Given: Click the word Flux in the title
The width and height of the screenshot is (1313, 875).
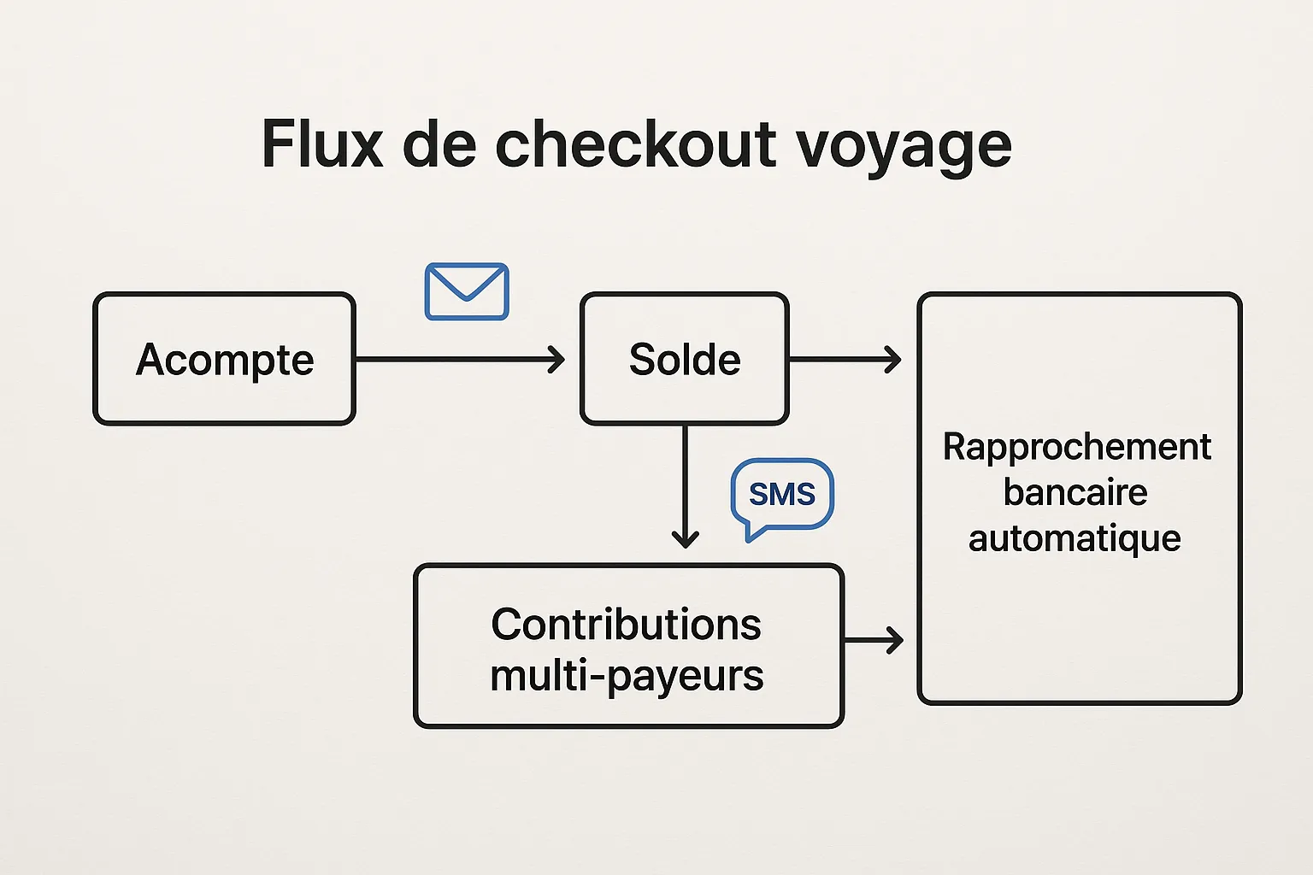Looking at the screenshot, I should click(x=321, y=144).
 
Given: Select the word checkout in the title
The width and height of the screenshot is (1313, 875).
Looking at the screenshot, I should click(x=635, y=144).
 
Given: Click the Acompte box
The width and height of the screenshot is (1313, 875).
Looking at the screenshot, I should click(x=224, y=359).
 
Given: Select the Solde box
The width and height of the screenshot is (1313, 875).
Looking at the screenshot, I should click(x=684, y=359).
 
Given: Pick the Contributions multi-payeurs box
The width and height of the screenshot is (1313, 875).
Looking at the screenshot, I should click(x=628, y=646).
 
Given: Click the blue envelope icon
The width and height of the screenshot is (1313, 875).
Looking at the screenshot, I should click(x=467, y=291).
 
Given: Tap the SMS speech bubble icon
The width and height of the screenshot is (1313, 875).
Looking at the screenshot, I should click(x=781, y=496).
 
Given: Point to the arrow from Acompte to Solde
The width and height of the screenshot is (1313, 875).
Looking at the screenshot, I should click(x=460, y=360).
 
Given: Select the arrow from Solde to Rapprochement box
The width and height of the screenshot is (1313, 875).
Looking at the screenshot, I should click(x=845, y=360).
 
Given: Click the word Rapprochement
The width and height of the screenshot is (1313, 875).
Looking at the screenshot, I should click(x=1077, y=447).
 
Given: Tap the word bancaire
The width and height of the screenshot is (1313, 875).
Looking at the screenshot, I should click(x=1075, y=493).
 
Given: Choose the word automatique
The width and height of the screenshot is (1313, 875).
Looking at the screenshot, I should click(x=1075, y=539).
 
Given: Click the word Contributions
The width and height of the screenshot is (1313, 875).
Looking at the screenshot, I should click(x=626, y=624).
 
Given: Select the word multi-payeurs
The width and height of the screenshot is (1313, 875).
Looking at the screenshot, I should click(x=627, y=676).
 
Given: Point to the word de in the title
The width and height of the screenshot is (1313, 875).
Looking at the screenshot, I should click(x=439, y=144).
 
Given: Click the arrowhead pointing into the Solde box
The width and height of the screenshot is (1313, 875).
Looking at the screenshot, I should click(x=557, y=360).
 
